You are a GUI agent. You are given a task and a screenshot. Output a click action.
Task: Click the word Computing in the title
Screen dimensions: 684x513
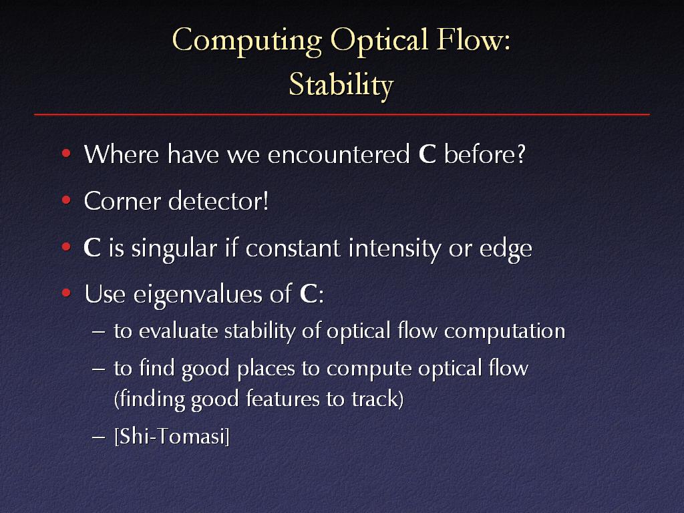pyautogui.click(x=247, y=41)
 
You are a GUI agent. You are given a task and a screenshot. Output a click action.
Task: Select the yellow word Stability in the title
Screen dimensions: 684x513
pyautogui.click(x=341, y=85)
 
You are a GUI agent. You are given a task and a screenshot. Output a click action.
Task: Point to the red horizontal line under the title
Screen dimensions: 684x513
pyautogui.click(x=342, y=115)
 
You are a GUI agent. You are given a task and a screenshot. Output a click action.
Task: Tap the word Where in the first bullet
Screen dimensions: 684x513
pyautogui.click(x=122, y=154)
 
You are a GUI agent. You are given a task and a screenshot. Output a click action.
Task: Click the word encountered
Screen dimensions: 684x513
pyautogui.click(x=339, y=154)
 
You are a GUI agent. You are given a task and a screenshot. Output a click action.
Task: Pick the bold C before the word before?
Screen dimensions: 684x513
pyautogui.click(x=427, y=154)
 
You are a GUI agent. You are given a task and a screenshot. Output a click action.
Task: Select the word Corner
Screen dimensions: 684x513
pyautogui.click(x=123, y=201)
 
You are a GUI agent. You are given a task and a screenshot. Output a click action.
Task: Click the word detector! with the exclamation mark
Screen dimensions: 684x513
pyautogui.click(x=218, y=200)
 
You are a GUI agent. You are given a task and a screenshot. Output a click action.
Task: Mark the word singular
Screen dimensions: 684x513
pyautogui.click(x=174, y=248)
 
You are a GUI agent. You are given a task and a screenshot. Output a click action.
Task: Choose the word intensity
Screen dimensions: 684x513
pyautogui.click(x=394, y=248)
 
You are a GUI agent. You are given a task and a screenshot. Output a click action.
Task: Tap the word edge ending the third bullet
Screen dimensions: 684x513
pyautogui.click(x=506, y=249)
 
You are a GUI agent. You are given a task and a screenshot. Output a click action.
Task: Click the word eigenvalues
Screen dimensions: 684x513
pyautogui.click(x=198, y=294)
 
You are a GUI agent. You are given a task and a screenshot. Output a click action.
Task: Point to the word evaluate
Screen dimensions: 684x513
pyautogui.click(x=178, y=331)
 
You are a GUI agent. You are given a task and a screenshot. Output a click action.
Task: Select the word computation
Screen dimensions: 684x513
pyautogui.click(x=505, y=331)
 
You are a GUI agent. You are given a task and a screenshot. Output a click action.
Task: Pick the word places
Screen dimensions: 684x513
pyautogui.click(x=266, y=369)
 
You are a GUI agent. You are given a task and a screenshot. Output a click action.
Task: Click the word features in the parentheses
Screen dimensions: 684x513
pyautogui.click(x=283, y=399)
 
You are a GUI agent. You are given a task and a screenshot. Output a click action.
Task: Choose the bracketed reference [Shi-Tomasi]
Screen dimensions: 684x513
pyautogui.click(x=172, y=436)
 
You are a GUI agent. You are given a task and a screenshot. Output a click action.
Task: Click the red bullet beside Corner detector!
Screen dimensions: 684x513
pyautogui.click(x=66, y=200)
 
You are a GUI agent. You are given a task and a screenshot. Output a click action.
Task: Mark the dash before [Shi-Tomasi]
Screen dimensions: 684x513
pyautogui.click(x=99, y=437)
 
